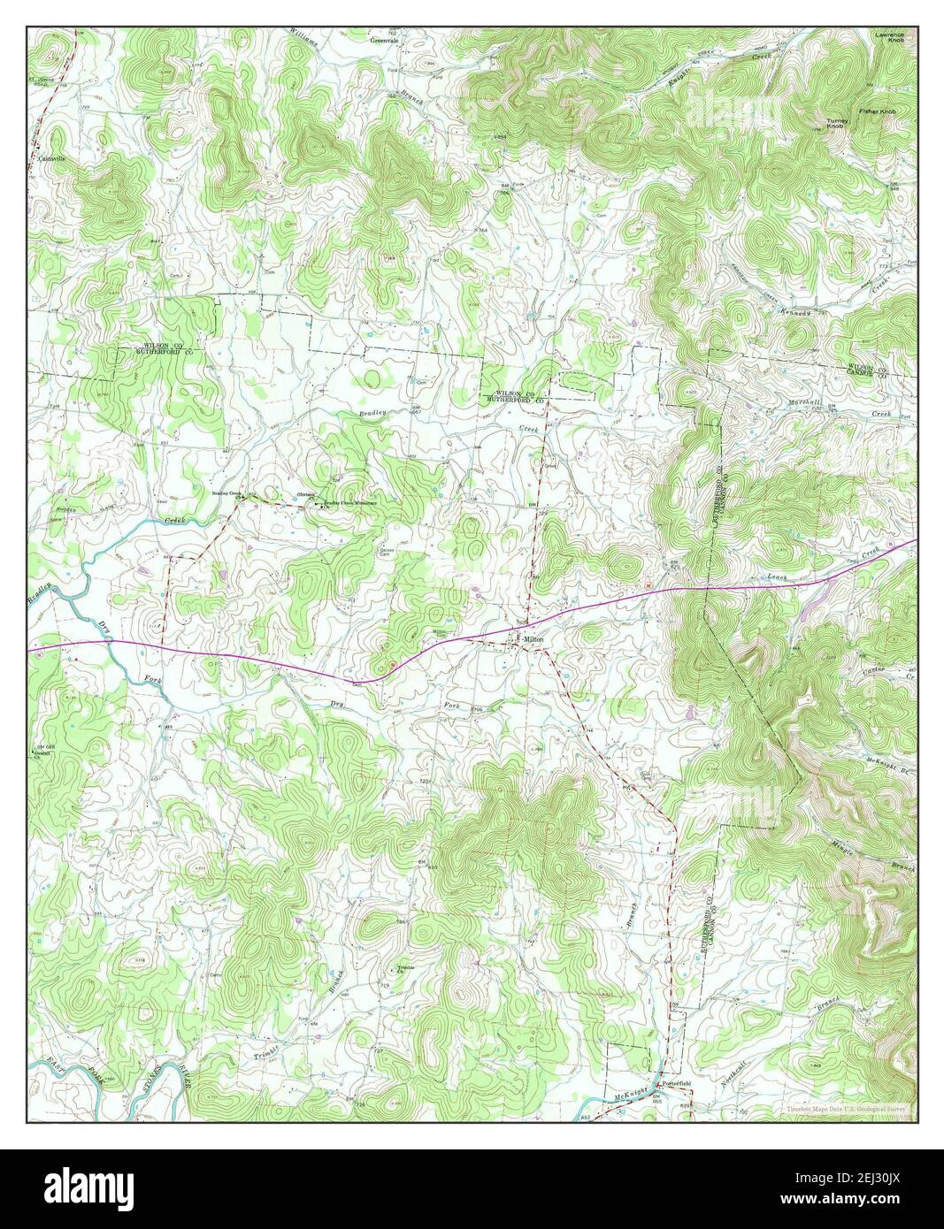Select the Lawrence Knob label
(890, 36)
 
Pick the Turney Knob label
(836, 123)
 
